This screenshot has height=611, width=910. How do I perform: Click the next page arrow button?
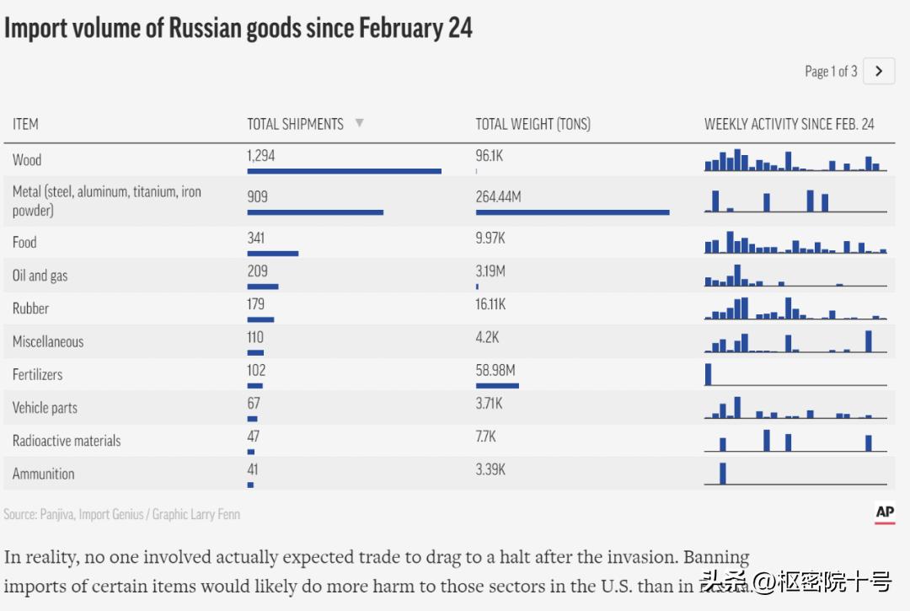(x=879, y=72)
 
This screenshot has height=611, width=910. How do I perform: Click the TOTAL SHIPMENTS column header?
(x=295, y=124)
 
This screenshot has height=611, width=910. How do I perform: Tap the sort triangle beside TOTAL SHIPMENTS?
(x=359, y=123)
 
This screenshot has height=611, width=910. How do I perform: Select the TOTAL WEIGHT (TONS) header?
(x=533, y=124)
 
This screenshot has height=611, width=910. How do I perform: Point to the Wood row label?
(x=27, y=159)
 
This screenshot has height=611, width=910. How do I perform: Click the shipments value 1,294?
(x=261, y=156)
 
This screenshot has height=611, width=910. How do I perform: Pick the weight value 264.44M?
(x=498, y=196)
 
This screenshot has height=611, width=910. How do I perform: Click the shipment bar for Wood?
(x=344, y=171)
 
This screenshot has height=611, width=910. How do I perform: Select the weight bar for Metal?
(x=572, y=212)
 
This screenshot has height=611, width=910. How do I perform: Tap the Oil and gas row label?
(x=40, y=276)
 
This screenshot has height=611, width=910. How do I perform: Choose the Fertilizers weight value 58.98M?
(x=495, y=370)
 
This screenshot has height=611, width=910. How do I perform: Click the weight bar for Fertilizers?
(x=497, y=385)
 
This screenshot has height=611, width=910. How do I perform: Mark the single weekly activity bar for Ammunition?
(x=723, y=473)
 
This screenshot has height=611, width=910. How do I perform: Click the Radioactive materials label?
(x=67, y=441)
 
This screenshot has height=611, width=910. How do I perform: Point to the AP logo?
(x=885, y=512)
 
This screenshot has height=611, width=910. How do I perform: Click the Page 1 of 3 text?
(x=831, y=72)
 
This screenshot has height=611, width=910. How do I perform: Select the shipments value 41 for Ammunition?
(x=253, y=469)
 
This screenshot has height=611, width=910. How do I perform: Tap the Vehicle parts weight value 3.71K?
(x=489, y=404)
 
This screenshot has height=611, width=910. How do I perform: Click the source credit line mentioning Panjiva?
(x=121, y=514)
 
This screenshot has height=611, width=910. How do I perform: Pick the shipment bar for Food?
(x=272, y=253)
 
